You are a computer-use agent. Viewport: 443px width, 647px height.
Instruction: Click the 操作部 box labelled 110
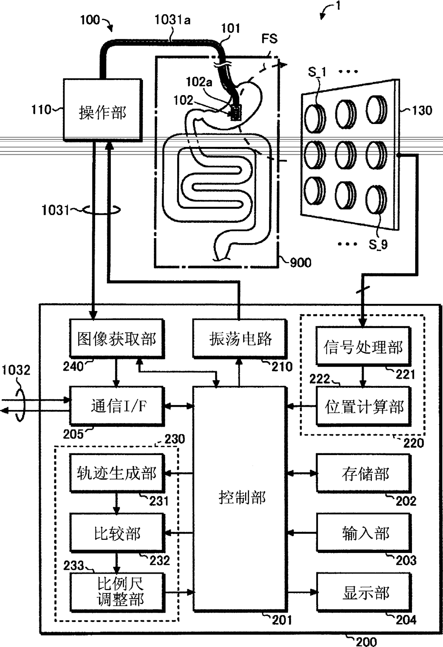(103, 110)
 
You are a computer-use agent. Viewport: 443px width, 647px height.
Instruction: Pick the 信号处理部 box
(363, 346)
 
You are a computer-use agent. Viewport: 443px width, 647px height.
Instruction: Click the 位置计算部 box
(364, 406)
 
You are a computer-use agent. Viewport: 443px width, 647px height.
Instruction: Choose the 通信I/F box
(117, 406)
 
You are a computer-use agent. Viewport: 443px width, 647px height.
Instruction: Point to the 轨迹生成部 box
(117, 473)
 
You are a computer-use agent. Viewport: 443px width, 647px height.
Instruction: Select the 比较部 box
(117, 533)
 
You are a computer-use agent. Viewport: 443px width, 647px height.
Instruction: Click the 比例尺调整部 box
(117, 592)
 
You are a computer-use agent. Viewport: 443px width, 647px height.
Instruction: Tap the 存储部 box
(364, 473)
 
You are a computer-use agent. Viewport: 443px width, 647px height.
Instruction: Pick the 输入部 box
(364, 533)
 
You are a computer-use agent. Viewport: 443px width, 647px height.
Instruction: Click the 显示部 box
(364, 592)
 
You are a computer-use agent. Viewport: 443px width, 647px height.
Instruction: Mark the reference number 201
(282, 620)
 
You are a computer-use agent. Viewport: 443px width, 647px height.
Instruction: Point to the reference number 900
(300, 263)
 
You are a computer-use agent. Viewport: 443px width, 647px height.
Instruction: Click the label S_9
(378, 245)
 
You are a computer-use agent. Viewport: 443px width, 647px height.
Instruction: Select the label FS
(269, 38)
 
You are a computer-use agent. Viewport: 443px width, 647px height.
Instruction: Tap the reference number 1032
(16, 370)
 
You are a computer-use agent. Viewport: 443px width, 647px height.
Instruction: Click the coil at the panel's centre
(345, 155)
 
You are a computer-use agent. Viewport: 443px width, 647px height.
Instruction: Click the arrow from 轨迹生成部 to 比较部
(116, 503)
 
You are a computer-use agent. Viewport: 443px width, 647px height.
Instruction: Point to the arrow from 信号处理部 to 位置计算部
(363, 376)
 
